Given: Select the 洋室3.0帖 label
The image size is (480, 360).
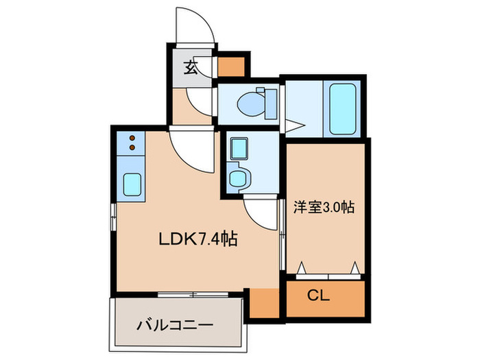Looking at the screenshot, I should coord(324,206).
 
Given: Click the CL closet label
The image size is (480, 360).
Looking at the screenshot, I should coord(319,297).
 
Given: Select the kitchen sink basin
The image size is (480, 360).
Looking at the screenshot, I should coord(132,184).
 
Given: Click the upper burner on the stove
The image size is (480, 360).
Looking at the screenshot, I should coord(132,139).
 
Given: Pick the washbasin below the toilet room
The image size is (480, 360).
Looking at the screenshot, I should coord(239,178).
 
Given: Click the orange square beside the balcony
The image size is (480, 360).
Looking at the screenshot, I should coord(263,302).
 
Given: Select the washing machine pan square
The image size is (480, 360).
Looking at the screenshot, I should coord(239,147).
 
